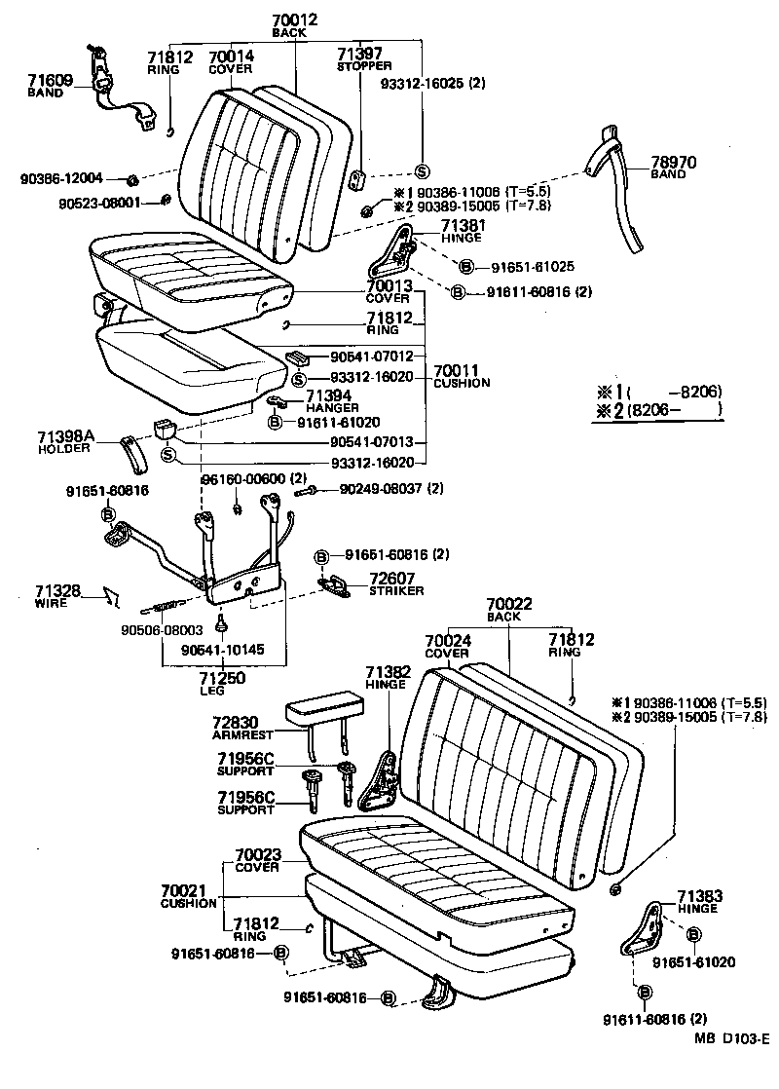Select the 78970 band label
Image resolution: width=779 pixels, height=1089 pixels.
click(668, 163)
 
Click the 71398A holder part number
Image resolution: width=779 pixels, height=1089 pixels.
click(66, 439)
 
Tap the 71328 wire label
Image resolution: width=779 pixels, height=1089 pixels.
click(53, 591)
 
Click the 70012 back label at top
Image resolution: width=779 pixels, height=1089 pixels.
click(290, 20)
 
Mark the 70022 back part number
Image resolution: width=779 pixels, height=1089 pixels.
click(509, 605)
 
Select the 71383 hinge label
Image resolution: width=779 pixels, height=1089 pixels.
click(697, 896)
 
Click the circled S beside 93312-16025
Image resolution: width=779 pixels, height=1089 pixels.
click(422, 169)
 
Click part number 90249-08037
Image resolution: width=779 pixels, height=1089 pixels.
click(382, 488)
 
